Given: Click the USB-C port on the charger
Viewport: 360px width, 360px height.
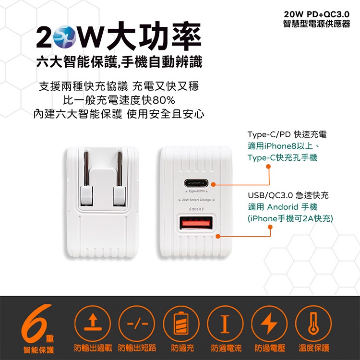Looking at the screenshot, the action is pyautogui.click(x=196, y=183).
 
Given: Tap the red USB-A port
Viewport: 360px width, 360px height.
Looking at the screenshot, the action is pyautogui.click(x=196, y=223).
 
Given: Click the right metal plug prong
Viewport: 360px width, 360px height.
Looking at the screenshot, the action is pyautogui.click(x=120, y=168).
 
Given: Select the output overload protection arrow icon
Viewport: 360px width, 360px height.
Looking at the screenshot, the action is pyautogui.click(x=93, y=323).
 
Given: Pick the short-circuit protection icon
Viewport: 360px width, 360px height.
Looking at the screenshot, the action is pyautogui.click(x=137, y=323).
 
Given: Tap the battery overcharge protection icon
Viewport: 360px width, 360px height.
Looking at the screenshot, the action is pyautogui.click(x=181, y=323).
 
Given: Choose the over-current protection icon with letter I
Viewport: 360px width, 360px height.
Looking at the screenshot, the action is pyautogui.click(x=225, y=323).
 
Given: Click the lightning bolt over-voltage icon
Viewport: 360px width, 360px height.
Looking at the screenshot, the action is pyautogui.click(x=269, y=323).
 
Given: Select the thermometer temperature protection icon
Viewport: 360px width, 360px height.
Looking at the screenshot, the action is pyautogui.click(x=313, y=323).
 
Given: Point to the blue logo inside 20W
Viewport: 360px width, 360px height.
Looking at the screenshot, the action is pyautogui.click(x=64, y=36).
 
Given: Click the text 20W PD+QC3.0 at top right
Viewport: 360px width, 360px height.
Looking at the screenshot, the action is pyautogui.click(x=317, y=14).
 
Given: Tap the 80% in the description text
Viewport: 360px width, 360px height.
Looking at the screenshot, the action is pyautogui.click(x=164, y=100).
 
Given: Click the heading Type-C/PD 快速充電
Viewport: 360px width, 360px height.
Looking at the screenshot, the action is pyautogui.click(x=287, y=134).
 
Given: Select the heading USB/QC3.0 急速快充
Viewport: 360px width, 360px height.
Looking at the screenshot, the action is pyautogui.click(x=288, y=195).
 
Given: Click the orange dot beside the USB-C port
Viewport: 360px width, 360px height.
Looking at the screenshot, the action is pyautogui.click(x=213, y=184).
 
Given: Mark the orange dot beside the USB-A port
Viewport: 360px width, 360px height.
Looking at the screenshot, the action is pyautogui.click(x=218, y=236).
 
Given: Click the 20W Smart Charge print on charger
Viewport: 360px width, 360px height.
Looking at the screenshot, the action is pyautogui.click(x=196, y=200).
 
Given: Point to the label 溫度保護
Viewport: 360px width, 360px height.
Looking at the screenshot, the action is pyautogui.click(x=314, y=348).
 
